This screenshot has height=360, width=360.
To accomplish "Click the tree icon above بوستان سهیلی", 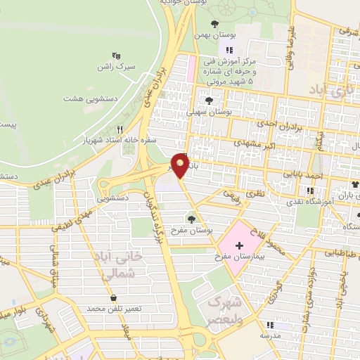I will pos(209,101).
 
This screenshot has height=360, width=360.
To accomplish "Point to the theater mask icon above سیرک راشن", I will pos(116,55).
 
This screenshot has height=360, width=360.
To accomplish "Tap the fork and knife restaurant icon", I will pos(119,129).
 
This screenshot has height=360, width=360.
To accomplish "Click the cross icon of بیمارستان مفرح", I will pos(239,245).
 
